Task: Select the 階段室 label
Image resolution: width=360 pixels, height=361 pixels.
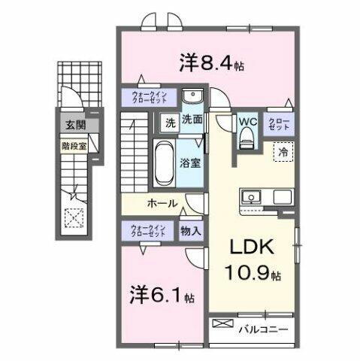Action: (73, 146)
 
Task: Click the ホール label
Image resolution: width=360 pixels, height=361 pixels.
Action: (162, 203)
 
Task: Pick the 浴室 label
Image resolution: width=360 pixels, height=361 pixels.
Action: (189, 161)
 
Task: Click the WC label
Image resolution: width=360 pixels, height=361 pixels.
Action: (248, 120)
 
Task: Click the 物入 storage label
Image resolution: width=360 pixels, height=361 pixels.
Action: (190, 231)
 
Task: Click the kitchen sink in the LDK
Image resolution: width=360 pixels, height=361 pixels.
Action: (250, 197)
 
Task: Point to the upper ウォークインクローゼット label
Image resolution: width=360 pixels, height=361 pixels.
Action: (149, 97)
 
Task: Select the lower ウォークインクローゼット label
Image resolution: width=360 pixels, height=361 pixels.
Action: (149, 230)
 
